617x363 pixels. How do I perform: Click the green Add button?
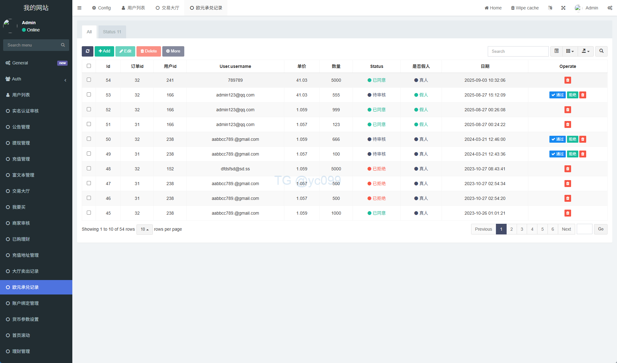point(104,51)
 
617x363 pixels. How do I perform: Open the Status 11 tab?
point(112,32)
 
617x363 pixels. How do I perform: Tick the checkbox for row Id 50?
point(89,139)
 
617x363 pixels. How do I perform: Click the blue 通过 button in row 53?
point(557,95)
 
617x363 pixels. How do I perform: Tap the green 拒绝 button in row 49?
point(572,154)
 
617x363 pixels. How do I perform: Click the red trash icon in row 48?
point(568,169)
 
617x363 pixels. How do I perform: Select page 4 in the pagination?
point(532,229)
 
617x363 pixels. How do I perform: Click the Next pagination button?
point(566,229)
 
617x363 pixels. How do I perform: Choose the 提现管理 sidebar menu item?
point(21,143)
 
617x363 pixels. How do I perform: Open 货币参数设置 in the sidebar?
point(25,319)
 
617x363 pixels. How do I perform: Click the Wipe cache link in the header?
point(525,8)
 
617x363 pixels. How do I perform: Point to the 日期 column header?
point(485,66)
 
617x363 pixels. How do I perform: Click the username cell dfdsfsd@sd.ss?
point(235,169)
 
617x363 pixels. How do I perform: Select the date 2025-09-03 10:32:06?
point(485,80)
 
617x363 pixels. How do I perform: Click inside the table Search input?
point(518,51)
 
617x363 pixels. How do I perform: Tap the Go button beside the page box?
point(601,229)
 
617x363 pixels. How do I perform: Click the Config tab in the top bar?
point(101,8)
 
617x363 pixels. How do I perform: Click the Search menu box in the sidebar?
point(33,45)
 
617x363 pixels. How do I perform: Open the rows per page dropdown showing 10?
point(145,229)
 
